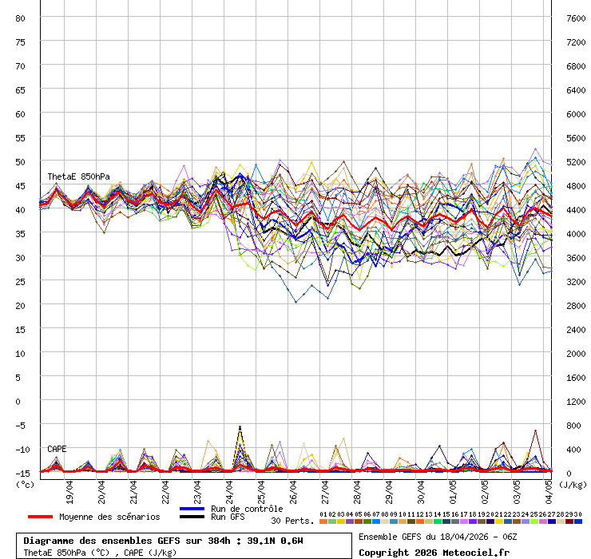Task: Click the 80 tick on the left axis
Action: pyautogui.click(x=22, y=18)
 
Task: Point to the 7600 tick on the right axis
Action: pyautogui.click(x=575, y=18)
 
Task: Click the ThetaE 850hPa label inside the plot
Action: pyautogui.click(x=78, y=176)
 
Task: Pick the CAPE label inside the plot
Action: pyautogui.click(x=57, y=449)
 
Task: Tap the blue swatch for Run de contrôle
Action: pyautogui.click(x=192, y=509)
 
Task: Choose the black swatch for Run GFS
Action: pyautogui.click(x=192, y=517)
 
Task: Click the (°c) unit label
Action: pyautogui.click(x=25, y=484)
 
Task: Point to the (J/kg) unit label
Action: pyautogui.click(x=573, y=484)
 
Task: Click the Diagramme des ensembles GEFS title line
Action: pyautogui.click(x=163, y=541)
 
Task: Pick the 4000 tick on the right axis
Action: pyautogui.click(x=575, y=233)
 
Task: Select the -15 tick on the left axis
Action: pyautogui.click(x=22, y=472)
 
